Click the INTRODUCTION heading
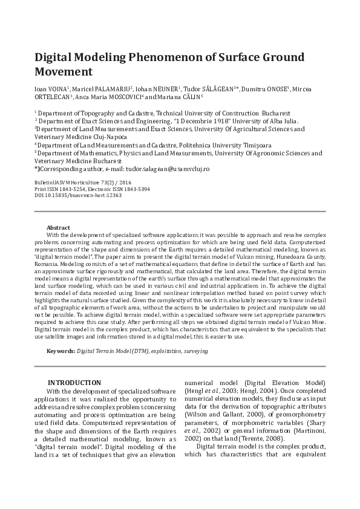tap(74, 382)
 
